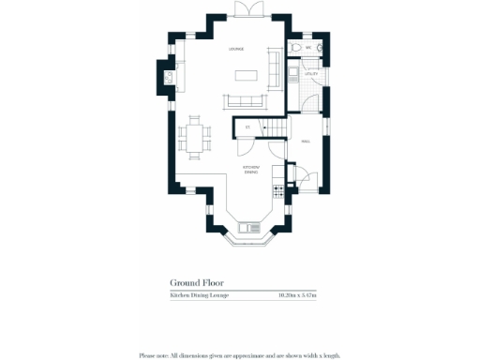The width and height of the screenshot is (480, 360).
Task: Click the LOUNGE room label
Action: pos(237,49)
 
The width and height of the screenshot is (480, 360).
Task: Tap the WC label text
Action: pos(307,45)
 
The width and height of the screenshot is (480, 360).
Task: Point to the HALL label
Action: pos(306,141)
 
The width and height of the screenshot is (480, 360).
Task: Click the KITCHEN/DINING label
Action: pos(250,171)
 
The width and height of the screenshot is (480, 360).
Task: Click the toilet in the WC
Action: pos(295,47)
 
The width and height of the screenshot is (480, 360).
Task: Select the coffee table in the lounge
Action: pos(246,75)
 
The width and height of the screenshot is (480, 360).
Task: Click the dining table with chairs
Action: pos(195,137)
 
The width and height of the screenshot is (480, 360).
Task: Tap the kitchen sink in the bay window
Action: pos(250,226)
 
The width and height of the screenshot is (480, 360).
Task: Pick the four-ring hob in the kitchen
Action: pos(277,191)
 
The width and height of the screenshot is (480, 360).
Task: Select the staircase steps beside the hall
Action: pos(275,127)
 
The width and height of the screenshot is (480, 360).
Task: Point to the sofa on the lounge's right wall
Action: pos(275,67)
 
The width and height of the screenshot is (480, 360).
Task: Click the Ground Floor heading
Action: pos(196,281)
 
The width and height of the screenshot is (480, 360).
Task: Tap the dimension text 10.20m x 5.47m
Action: pos(297,296)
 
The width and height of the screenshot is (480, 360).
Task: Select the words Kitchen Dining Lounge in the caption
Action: pos(200,296)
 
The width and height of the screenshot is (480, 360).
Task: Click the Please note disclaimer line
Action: pos(239,355)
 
